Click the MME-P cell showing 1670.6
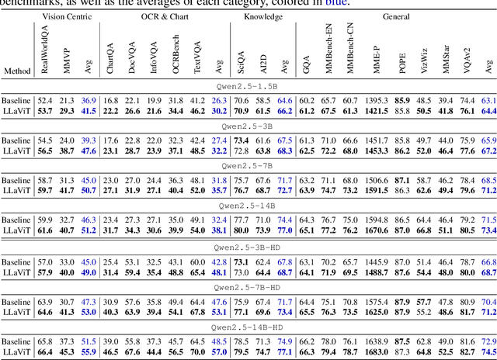click(377, 230)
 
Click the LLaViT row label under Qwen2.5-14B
click(16, 230)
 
